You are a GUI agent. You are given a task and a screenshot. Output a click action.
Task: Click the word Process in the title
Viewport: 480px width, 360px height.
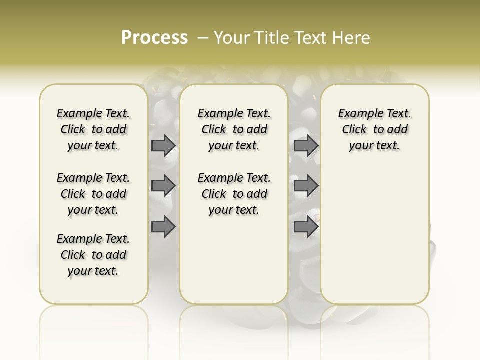point(154,38)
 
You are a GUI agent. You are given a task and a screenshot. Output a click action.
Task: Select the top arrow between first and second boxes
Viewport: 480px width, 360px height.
point(163,145)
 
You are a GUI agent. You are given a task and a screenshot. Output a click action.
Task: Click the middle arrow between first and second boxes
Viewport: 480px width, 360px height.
point(163,186)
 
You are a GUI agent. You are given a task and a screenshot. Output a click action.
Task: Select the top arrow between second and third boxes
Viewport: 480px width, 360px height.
point(306,145)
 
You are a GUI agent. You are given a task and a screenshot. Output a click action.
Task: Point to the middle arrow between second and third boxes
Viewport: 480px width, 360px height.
point(306,186)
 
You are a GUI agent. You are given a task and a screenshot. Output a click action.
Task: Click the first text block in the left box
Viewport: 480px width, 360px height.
point(93,129)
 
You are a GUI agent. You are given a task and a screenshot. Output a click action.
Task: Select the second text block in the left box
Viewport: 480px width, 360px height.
point(93,194)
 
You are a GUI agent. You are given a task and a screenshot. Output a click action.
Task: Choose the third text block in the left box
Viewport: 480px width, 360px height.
point(93,255)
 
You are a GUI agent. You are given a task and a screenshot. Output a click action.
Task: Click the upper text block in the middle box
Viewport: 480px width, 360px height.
point(234,129)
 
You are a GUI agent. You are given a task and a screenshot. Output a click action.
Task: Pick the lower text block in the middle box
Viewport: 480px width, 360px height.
point(234,194)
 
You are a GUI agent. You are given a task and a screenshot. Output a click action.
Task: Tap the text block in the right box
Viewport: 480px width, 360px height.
point(375,129)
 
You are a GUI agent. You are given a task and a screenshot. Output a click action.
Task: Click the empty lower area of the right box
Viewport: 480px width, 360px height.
point(375,235)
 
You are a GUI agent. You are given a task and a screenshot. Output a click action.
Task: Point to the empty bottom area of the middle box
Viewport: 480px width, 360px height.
point(234,265)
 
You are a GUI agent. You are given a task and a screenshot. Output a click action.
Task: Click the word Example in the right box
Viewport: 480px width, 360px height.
point(358,114)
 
